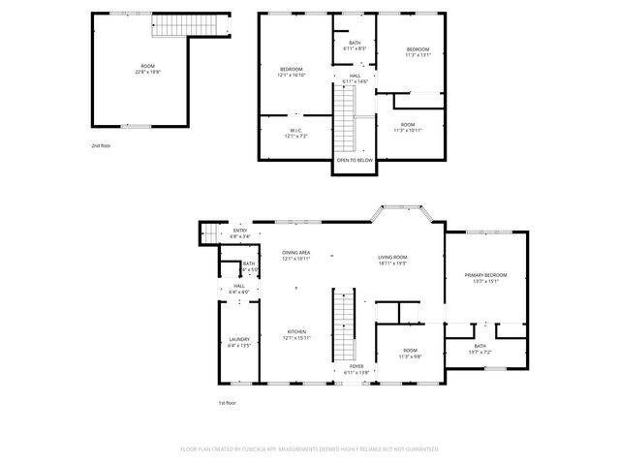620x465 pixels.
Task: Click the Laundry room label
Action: pyautogui.click(x=239, y=341)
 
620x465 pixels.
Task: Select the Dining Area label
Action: pyautogui.click(x=295, y=255)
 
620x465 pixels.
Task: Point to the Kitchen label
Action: pyautogui.click(x=295, y=334)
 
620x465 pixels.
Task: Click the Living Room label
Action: pyautogui.click(x=392, y=259)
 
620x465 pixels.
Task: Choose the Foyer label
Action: pyautogui.click(x=356, y=368)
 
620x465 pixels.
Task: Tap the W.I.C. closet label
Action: pyautogui.click(x=295, y=133)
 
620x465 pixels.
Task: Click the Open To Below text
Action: pyautogui.click(x=355, y=160)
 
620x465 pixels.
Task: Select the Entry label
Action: pyautogui.click(x=239, y=232)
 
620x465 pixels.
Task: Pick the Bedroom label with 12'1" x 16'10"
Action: pyautogui.click(x=292, y=71)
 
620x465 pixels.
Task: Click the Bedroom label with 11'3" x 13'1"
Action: pyautogui.click(x=418, y=51)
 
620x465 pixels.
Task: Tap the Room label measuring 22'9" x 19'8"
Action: pyautogui.click(x=148, y=68)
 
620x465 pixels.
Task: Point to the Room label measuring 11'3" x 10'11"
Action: pyautogui.click(x=408, y=126)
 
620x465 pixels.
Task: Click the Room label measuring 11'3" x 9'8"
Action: pyautogui.click(x=410, y=352)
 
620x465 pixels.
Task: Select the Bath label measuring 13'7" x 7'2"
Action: pyautogui.click(x=480, y=349)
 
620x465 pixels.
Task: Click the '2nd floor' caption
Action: pyautogui.click(x=101, y=145)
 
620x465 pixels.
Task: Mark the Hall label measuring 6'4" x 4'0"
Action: pyautogui.click(x=239, y=289)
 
